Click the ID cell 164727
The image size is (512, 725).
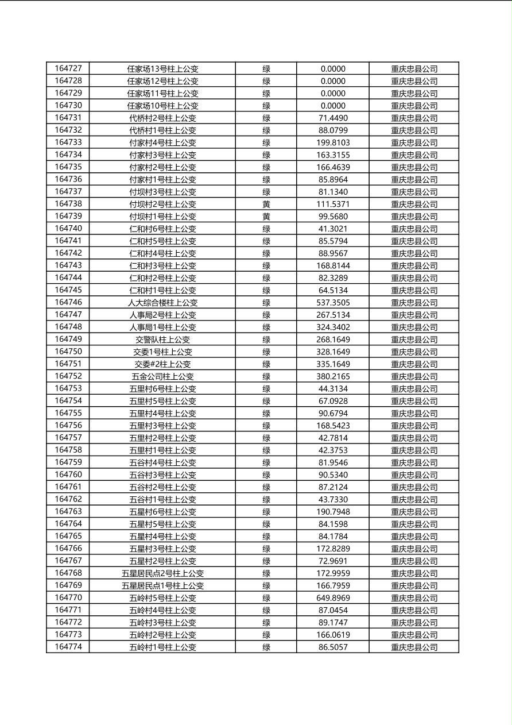pos(68,68)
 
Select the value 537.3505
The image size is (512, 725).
pos(333,303)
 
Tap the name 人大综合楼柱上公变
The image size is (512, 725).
pos(162,303)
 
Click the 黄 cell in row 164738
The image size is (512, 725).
pos(266,204)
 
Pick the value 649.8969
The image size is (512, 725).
pos(333,598)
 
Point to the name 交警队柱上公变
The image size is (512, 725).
pos(162,340)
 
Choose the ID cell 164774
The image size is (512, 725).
pos(68,647)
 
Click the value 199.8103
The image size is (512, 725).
pos(333,142)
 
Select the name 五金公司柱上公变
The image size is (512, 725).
pos(162,376)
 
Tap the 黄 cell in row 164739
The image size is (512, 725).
pos(266,217)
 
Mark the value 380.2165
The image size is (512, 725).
pos(333,376)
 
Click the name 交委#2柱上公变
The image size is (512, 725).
pos(162,364)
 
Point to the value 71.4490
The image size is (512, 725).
pos(333,118)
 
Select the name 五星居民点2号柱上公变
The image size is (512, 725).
pos(162,573)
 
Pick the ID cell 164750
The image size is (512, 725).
pos(68,352)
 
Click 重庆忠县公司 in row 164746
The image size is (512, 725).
pos(414,303)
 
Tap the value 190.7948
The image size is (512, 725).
pos(333,512)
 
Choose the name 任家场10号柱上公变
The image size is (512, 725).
pos(162,106)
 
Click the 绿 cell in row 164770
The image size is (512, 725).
pos(266,598)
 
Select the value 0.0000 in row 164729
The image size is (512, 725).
pos(333,93)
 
